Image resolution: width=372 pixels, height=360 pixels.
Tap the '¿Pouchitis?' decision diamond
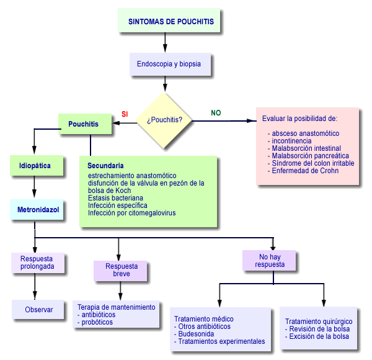(164, 119)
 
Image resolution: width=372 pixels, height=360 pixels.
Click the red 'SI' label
(124, 114)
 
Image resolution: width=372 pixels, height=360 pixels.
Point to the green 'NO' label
(216, 113)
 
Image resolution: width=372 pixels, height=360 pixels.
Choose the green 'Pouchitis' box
(84, 124)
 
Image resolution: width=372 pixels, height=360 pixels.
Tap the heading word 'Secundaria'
(105, 166)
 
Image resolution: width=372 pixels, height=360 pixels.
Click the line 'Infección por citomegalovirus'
(131, 213)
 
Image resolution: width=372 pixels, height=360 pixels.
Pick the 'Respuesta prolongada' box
(37, 263)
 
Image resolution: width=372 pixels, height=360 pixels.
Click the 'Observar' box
(39, 309)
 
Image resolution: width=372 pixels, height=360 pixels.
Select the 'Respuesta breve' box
(122, 270)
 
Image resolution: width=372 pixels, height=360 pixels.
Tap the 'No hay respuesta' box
(270, 259)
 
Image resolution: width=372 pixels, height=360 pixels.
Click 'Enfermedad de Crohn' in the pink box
(305, 171)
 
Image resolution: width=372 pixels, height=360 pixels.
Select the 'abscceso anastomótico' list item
(306, 133)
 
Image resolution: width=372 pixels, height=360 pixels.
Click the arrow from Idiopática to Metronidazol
(34, 187)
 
